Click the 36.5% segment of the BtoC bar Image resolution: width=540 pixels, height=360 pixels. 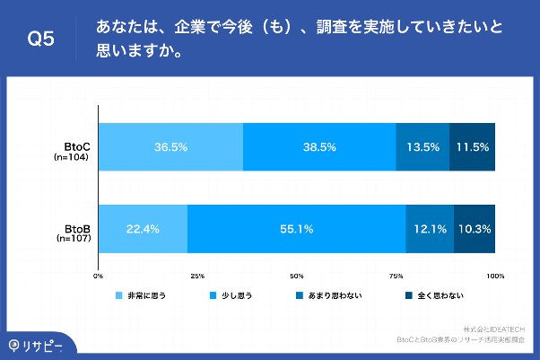pyautogui.click(x=170, y=146)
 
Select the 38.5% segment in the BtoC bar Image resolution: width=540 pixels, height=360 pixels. pyautogui.click(x=319, y=146)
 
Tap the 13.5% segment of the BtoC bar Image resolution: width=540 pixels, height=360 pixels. pyautogui.click(x=422, y=146)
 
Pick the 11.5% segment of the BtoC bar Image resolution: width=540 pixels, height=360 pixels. pyautogui.click(x=472, y=146)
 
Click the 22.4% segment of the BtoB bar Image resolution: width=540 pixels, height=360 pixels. pyautogui.click(x=144, y=229)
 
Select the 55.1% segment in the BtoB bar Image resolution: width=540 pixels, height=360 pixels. pyautogui.click(x=296, y=229)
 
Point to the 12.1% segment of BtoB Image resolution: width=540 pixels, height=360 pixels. pyautogui.click(x=430, y=229)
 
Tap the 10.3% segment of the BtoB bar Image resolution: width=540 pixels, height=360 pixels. pyautogui.click(x=475, y=229)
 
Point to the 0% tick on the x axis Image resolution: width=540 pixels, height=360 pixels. pyautogui.click(x=99, y=275)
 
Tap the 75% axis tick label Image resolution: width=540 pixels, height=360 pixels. pyautogui.click(x=396, y=275)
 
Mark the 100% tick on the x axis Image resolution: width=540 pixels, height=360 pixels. pyautogui.click(x=494, y=275)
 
